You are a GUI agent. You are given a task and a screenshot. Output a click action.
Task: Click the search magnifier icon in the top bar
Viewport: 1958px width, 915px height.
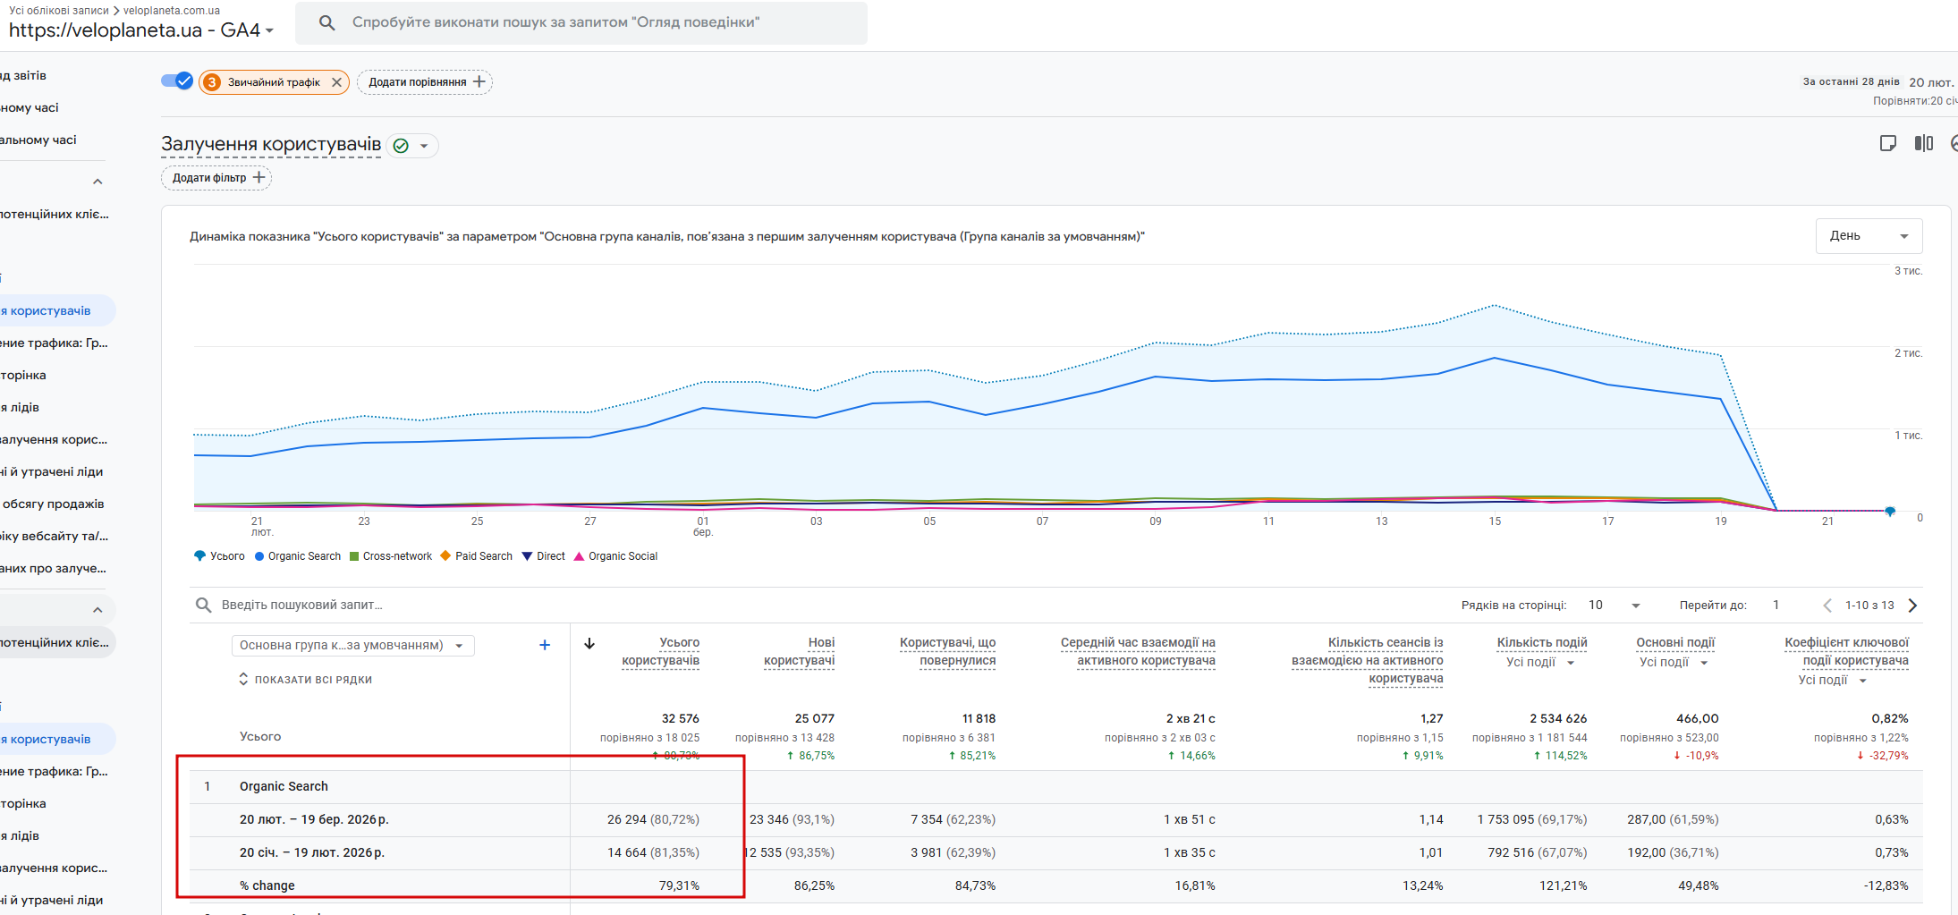pos(327,22)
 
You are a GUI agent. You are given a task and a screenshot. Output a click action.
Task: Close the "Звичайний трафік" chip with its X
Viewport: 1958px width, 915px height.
pos(336,82)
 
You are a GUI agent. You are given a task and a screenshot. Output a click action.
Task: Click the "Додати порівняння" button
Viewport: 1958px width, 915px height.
pos(425,82)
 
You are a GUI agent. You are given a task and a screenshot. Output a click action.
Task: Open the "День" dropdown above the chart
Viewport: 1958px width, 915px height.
pos(1868,236)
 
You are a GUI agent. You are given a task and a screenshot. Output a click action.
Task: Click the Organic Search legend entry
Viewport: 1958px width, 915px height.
pos(299,556)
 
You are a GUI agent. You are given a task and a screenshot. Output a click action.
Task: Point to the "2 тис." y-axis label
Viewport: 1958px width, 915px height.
pos(1908,353)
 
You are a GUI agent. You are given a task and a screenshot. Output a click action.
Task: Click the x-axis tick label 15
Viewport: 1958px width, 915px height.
pos(1495,521)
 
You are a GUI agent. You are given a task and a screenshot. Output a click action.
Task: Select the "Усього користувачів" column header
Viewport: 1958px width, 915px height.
pos(661,651)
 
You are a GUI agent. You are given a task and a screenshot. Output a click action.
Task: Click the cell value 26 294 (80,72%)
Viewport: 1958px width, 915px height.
pos(653,819)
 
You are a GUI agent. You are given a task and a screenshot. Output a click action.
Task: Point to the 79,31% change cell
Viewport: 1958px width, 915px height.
pos(679,885)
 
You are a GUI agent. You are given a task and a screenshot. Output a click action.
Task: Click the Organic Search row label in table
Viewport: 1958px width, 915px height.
pos(284,786)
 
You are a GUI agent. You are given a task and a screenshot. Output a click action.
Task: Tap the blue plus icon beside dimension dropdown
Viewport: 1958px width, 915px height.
pos(545,645)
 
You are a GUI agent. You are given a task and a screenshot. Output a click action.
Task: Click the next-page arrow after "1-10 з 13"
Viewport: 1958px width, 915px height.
pos(1912,606)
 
